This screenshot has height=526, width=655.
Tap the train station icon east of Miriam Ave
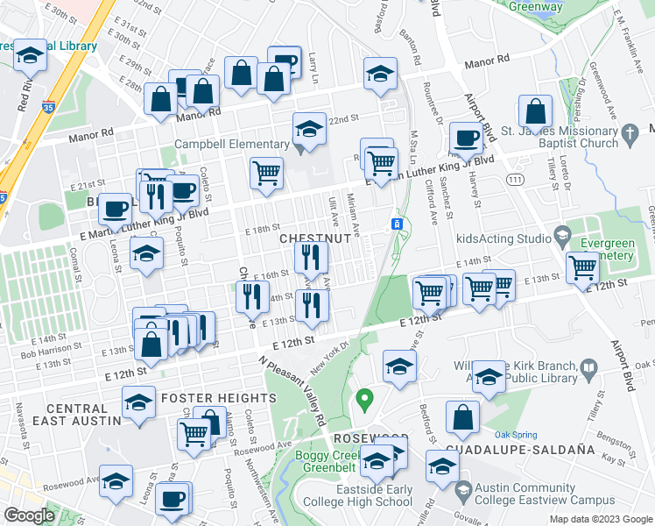click(397, 224)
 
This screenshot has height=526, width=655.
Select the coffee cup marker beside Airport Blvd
click(466, 139)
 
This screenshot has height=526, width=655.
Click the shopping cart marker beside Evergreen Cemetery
click(582, 267)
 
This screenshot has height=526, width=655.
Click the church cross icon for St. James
click(628, 137)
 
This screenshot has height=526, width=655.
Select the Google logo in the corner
click(30, 515)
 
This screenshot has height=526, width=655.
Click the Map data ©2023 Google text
click(600, 519)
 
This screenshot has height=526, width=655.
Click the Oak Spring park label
click(514, 433)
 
